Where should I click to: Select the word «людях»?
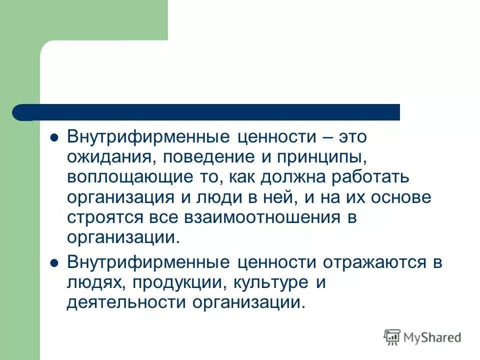[x=90, y=283]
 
